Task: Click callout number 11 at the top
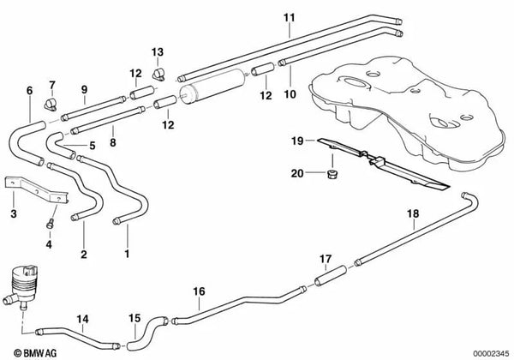(x=289, y=17)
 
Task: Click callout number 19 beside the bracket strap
(x=296, y=140)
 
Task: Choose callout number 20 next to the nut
(x=296, y=173)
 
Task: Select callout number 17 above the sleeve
(x=325, y=257)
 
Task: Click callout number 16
(x=199, y=291)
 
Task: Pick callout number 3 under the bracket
(x=13, y=214)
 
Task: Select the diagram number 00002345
(x=487, y=351)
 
